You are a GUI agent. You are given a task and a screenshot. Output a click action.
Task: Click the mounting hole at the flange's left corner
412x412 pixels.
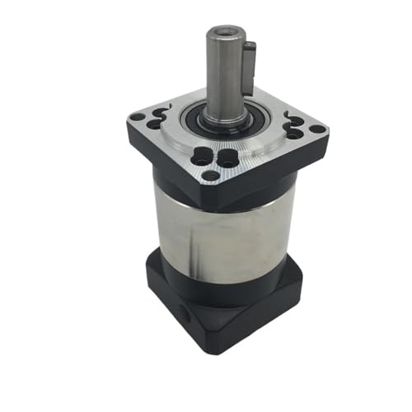tap(136, 118)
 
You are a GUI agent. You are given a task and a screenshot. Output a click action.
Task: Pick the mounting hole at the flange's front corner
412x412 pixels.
tap(211, 176)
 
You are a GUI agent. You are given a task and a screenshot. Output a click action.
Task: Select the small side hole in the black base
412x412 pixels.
tap(183, 313)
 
